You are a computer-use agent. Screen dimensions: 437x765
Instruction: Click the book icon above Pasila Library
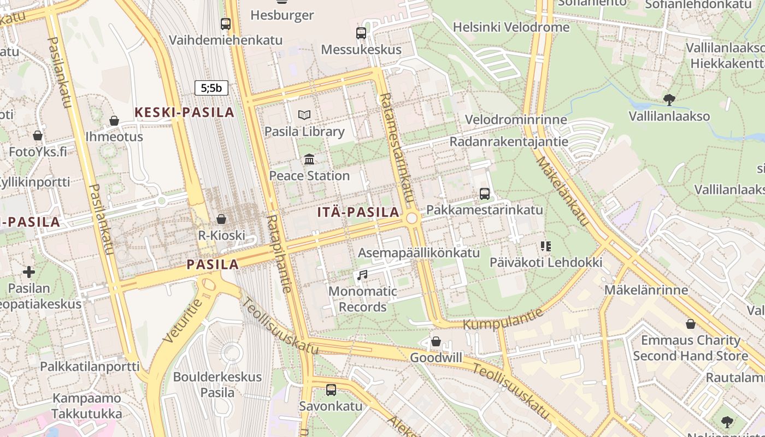pyautogui.click(x=304, y=115)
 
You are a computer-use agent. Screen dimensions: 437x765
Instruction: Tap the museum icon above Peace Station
pyautogui.click(x=309, y=159)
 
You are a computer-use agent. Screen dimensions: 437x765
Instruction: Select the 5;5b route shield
pyautogui.click(x=211, y=87)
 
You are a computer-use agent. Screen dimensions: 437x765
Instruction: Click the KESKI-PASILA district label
pyautogui.click(x=184, y=113)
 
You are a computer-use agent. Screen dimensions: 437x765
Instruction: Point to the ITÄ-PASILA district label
pyautogui.click(x=358, y=212)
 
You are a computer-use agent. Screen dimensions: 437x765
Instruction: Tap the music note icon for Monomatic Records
pyautogui.click(x=362, y=275)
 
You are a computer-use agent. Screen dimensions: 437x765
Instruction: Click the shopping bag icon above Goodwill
pyautogui.click(x=436, y=342)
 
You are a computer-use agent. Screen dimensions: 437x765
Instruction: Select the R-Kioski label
pyautogui.click(x=221, y=236)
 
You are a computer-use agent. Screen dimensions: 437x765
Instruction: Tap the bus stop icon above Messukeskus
pyautogui.click(x=361, y=33)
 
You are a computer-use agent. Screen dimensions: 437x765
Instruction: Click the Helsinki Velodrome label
pyautogui.click(x=511, y=27)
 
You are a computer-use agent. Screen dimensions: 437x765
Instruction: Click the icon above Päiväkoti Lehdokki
pyautogui.click(x=545, y=246)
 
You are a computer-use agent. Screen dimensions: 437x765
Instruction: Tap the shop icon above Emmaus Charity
pyautogui.click(x=691, y=324)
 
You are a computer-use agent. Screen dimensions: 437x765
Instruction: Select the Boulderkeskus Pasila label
pyautogui.click(x=217, y=385)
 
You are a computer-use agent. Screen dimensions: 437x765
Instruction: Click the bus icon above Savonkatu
pyautogui.click(x=331, y=390)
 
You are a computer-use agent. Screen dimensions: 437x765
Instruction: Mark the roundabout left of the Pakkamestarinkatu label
pyautogui.click(x=412, y=218)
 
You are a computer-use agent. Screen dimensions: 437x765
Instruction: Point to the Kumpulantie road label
pyautogui.click(x=504, y=319)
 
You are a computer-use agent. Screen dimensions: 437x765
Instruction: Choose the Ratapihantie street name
pyautogui.click(x=278, y=253)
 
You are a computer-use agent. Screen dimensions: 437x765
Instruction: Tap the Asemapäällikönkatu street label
pyautogui.click(x=419, y=252)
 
